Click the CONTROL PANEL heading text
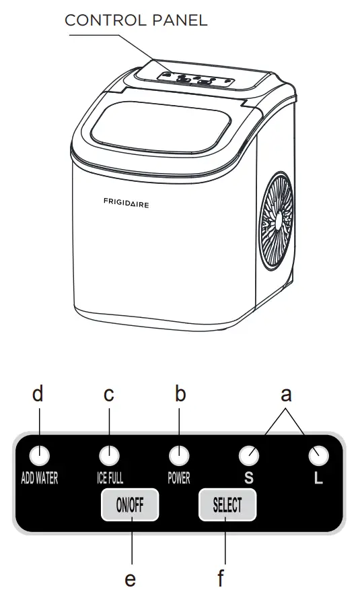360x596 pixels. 135,21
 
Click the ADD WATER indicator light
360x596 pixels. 40,456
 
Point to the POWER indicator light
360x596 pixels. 179,456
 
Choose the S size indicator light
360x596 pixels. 249,456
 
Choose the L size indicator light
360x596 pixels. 319,456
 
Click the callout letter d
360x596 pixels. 38,395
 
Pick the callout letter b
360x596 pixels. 180,395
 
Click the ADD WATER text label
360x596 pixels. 39,479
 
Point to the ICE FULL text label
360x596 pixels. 106,479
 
